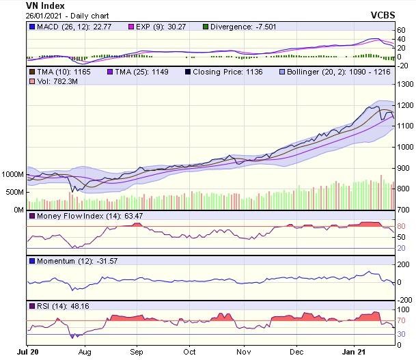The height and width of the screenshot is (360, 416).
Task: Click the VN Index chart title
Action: point(45,6)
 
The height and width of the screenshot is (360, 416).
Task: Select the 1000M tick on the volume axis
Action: point(13,175)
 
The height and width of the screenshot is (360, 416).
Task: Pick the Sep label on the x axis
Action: point(136,352)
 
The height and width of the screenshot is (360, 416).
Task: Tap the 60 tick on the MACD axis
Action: point(402,31)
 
